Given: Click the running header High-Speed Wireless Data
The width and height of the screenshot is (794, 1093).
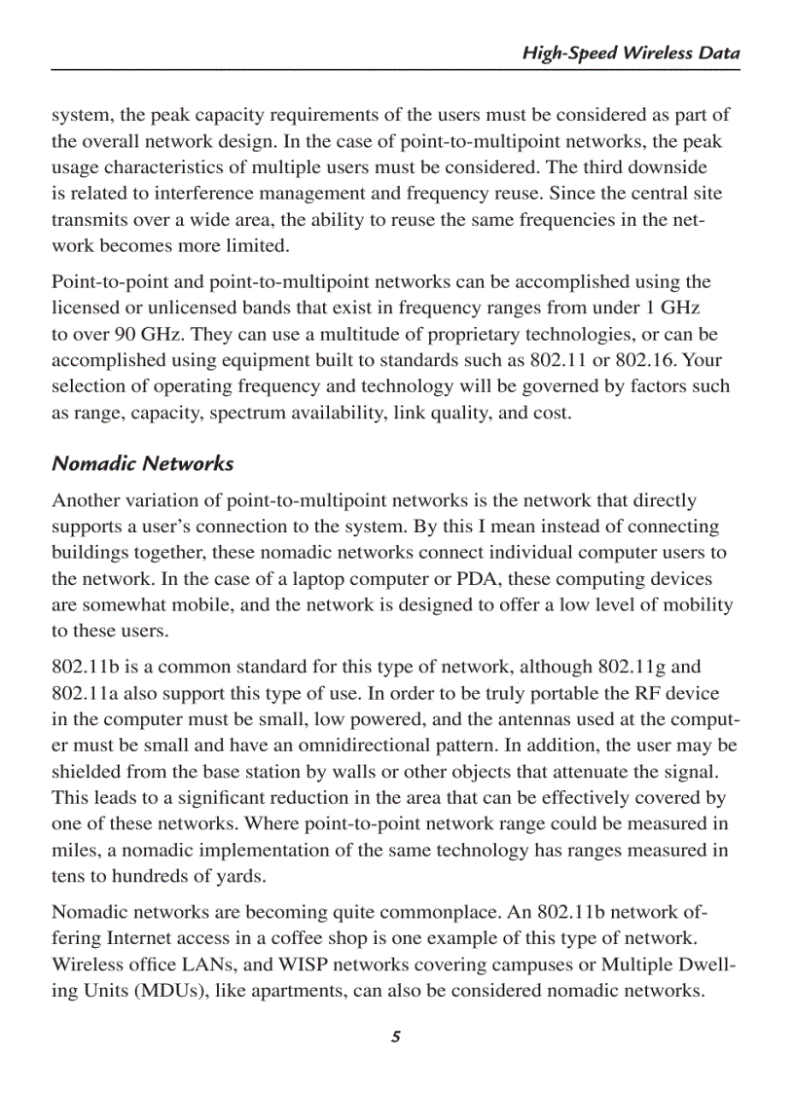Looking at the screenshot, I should [x=631, y=54].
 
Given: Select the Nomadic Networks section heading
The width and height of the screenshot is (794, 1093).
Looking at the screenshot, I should [x=142, y=463].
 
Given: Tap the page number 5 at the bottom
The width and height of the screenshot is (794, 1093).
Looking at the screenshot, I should [x=396, y=1037].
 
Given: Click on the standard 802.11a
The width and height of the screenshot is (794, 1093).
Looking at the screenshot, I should [x=90, y=694].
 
